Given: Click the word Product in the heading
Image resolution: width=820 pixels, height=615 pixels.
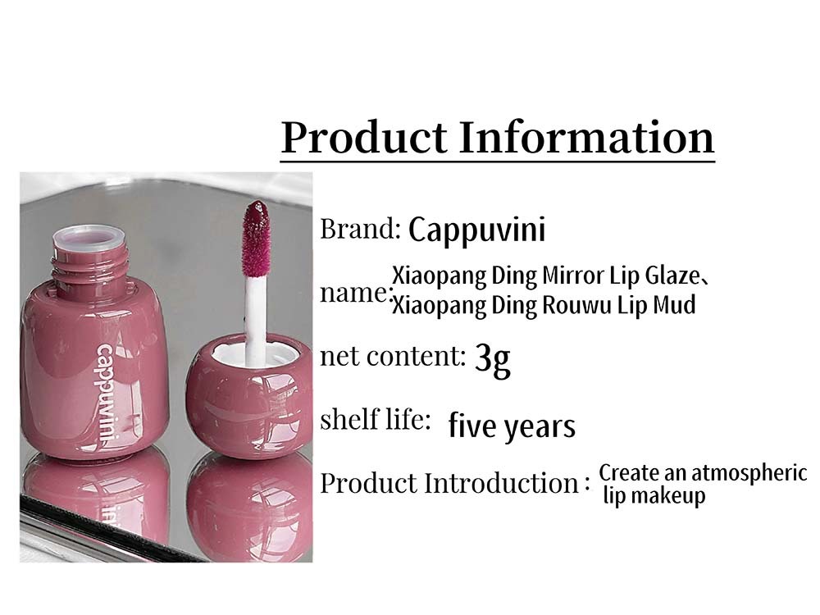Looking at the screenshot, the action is pos(365,137).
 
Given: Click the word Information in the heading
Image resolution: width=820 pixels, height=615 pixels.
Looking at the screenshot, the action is pos(587,137).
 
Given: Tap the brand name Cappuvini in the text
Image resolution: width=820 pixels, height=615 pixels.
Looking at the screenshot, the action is pos(476,230).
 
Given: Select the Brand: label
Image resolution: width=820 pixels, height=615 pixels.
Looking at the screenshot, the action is pos(360,229).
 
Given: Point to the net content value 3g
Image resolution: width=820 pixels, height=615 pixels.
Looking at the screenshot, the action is pos(493,359).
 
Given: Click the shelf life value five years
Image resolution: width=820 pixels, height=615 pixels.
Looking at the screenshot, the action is pos(512,426).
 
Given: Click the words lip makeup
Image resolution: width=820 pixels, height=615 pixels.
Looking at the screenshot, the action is pos(654,495).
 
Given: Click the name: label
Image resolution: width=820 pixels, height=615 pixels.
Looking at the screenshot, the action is pos(355,294).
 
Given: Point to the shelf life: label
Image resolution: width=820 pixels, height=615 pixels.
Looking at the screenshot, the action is pos(375,419).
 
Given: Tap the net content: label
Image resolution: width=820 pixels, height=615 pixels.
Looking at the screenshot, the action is pos(393,356).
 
